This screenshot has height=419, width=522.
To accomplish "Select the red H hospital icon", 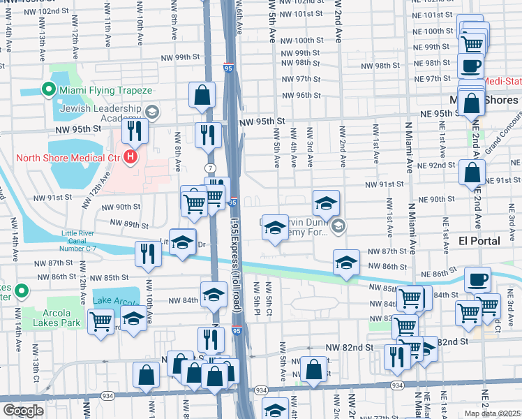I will coord(129,158).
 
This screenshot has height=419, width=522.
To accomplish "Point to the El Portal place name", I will coord(477,241).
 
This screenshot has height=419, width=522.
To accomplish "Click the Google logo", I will coord(23,411).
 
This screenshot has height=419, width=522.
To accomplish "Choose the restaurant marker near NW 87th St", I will coord(147,253).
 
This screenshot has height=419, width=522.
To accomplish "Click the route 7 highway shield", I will coord(209,168).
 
